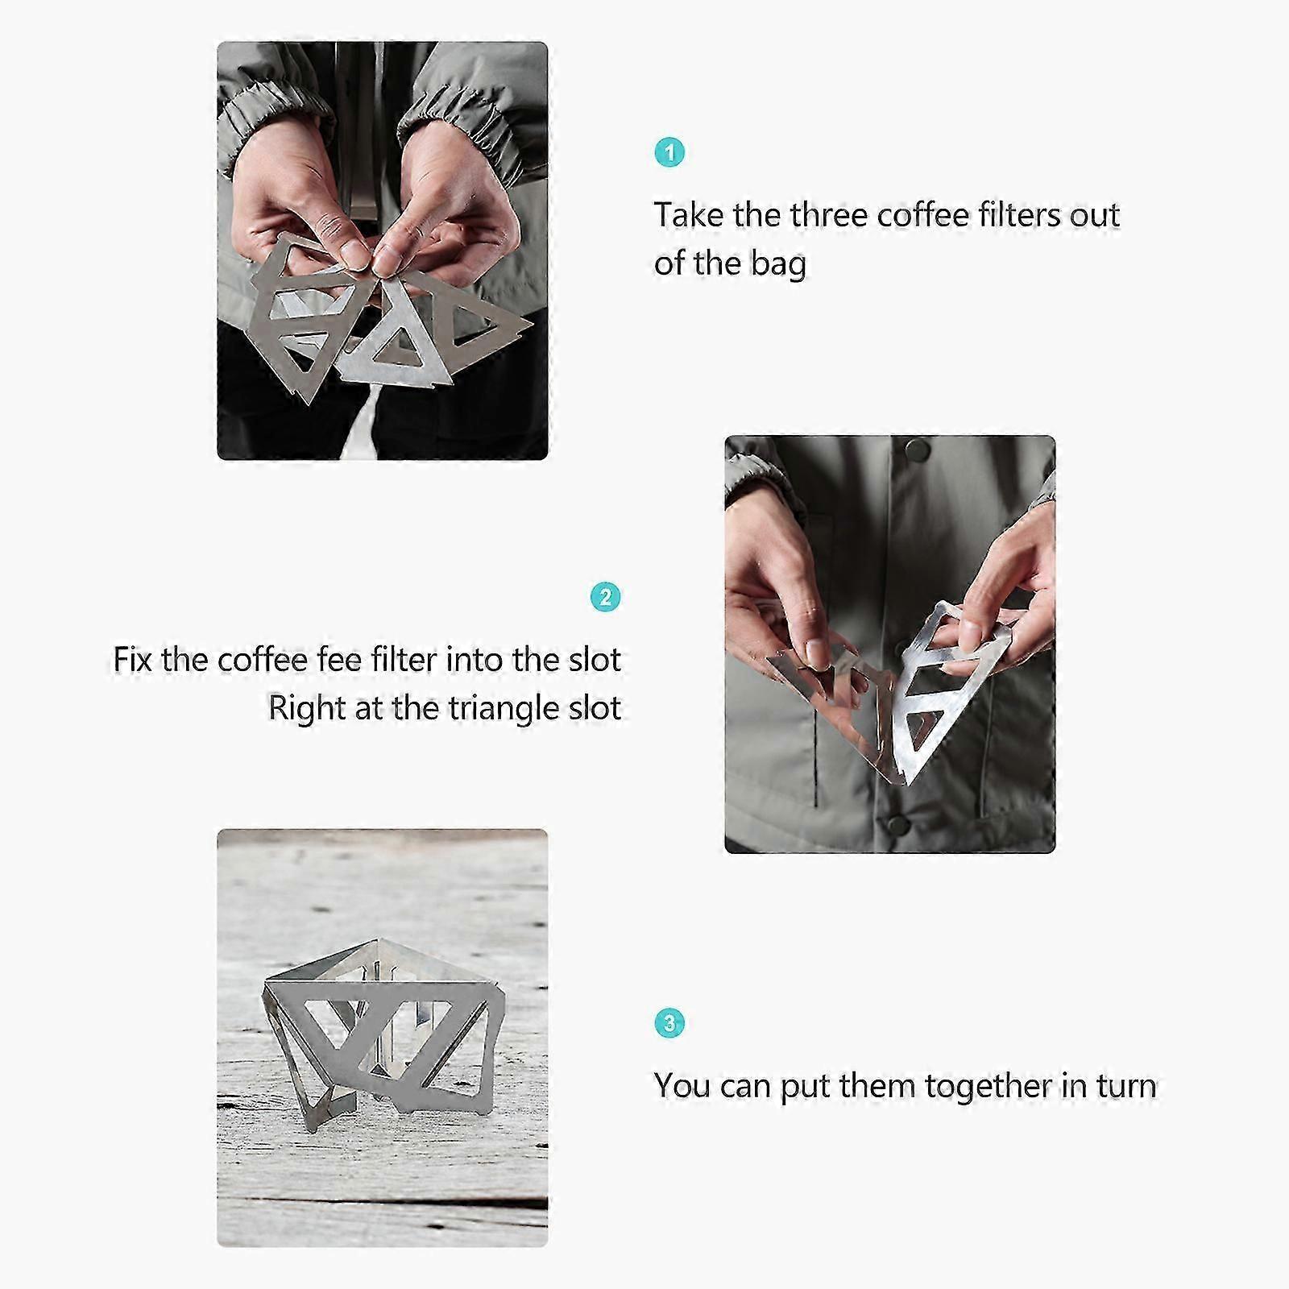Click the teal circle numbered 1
tap(669, 152)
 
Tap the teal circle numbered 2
tap(606, 597)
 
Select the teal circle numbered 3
tap(669, 1023)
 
